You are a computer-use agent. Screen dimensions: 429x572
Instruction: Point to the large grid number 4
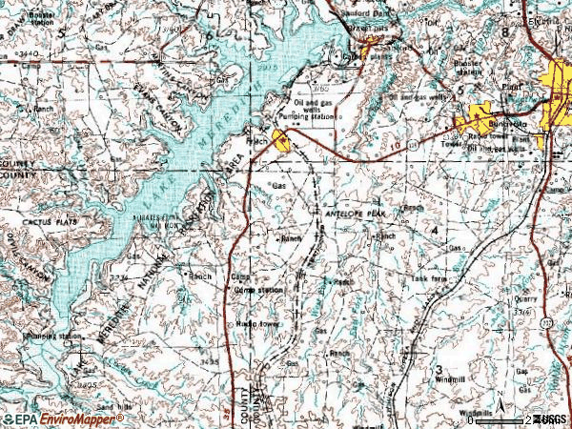click(435, 231)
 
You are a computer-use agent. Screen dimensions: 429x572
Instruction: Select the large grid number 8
click(519, 32)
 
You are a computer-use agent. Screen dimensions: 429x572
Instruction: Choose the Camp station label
click(258, 289)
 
